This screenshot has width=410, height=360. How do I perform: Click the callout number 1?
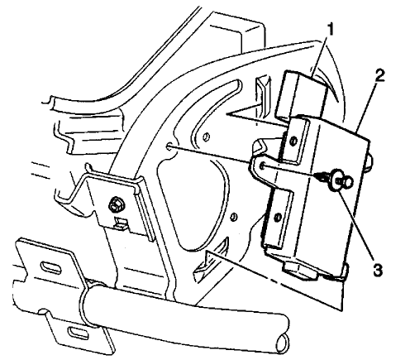pos(330,30)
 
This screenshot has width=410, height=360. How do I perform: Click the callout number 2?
pos(379,75)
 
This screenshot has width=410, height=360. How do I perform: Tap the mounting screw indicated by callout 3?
pos(336,179)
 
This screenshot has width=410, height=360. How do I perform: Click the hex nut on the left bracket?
pos(116,205)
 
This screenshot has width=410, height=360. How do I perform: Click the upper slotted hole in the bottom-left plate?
pos(50,266)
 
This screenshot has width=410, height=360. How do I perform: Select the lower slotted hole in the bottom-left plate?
pos(78,331)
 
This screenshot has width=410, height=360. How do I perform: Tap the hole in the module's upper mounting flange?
pos(293,141)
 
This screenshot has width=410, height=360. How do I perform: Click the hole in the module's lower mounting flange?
pos(278,217)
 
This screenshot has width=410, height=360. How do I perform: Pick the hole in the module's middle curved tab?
pos(263,166)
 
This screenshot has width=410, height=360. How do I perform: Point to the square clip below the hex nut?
pos(121,223)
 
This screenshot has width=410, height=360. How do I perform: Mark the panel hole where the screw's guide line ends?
pos(169,147)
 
